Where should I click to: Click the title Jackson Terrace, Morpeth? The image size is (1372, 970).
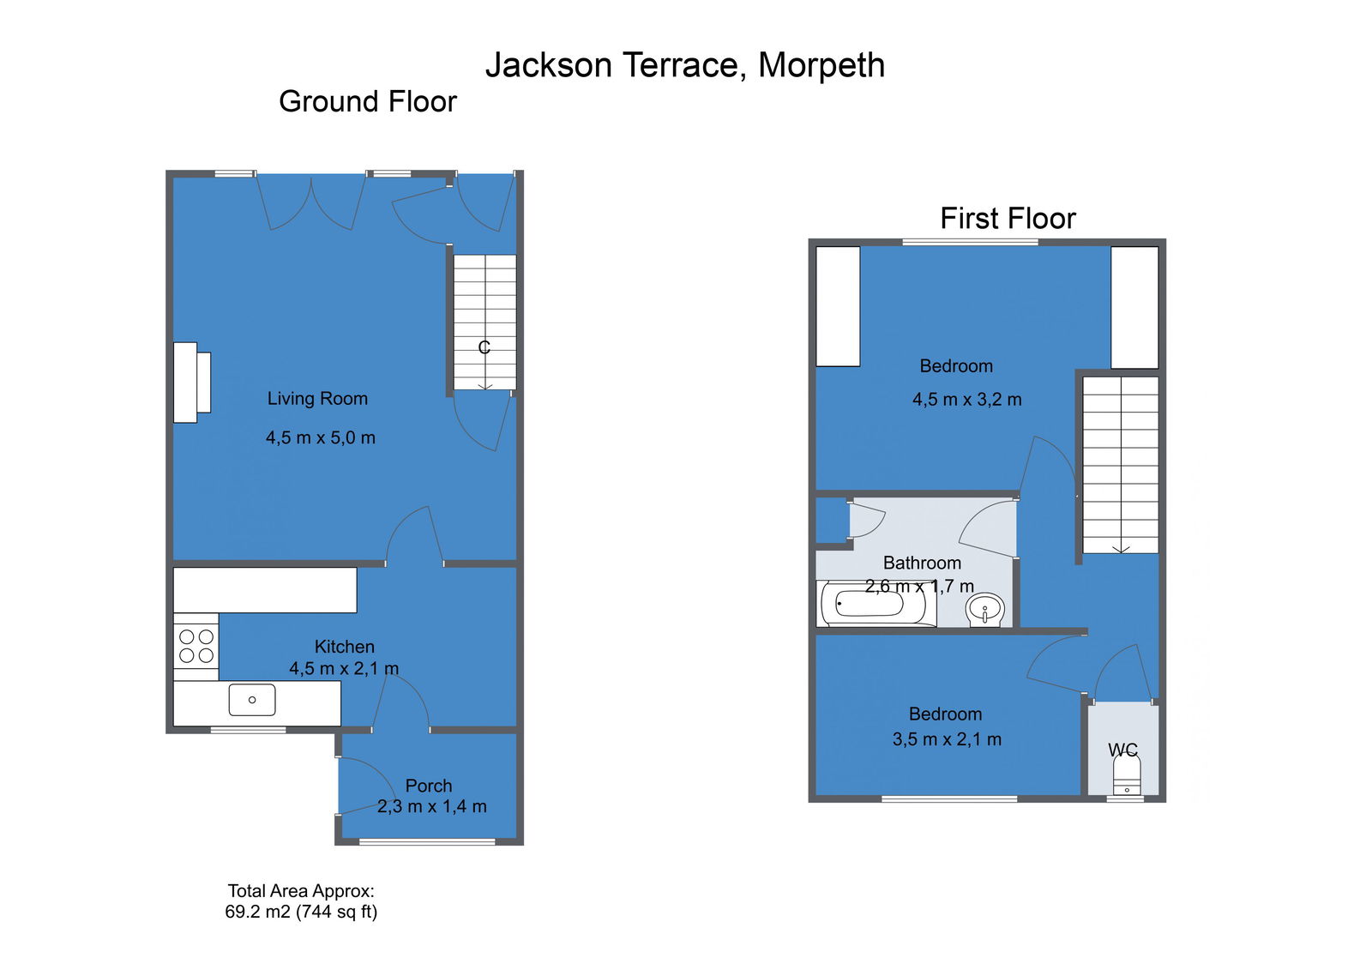tap(685, 65)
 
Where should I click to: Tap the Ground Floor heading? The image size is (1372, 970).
tap(368, 101)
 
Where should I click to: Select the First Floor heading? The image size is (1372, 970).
tap(1008, 218)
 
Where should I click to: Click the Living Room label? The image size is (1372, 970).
tap(317, 398)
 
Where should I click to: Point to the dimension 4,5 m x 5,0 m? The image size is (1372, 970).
tap(321, 437)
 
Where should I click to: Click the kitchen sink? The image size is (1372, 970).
tap(252, 700)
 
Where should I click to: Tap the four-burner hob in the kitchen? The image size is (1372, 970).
tap(196, 647)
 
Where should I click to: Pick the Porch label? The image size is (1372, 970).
tap(429, 786)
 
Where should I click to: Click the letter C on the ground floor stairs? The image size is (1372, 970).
tap(484, 347)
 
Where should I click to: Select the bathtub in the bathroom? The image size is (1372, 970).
tap(876, 604)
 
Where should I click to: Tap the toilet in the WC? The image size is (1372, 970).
tap(1127, 775)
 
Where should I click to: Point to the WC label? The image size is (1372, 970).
tap(1122, 750)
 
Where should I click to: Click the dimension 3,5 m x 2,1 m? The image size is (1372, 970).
tap(947, 739)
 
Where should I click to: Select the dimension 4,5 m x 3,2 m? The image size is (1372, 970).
tap(967, 400)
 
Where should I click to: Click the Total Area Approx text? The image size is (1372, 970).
tap(301, 890)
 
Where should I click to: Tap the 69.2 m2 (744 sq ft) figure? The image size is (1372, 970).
tap(301, 912)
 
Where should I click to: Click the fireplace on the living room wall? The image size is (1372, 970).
tap(192, 383)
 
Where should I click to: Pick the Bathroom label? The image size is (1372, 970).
tap(922, 563)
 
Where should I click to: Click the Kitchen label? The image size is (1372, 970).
tap(344, 647)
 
